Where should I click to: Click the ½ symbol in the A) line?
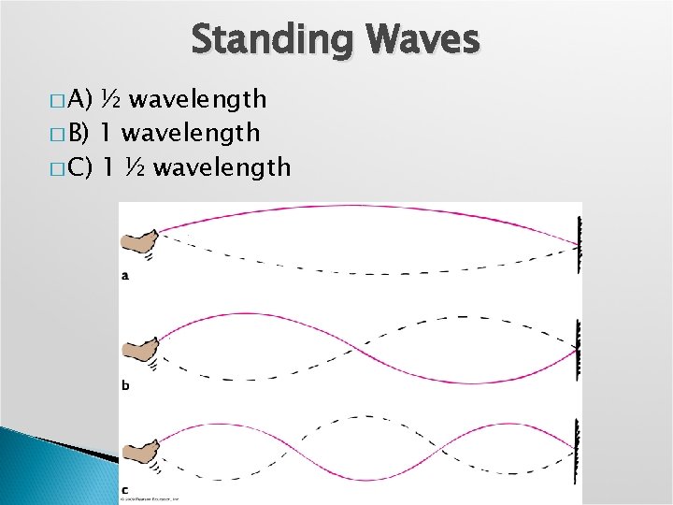(111, 99)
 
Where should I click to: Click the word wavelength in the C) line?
(222, 168)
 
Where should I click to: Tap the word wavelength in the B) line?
(192, 134)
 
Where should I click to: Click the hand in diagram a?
(138, 242)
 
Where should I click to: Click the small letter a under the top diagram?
(125, 275)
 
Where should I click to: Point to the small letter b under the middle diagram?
(125, 384)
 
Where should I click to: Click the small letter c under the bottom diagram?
(125, 489)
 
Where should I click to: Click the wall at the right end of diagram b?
(580, 349)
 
